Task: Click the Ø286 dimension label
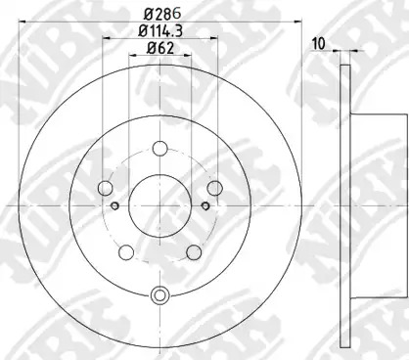pos(162,14)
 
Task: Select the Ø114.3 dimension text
pos(160,30)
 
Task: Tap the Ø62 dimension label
pos(160,48)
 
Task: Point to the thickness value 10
pos(319,44)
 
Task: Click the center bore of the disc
pos(159,204)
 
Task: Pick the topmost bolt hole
pos(159,149)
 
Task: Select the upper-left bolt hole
pos(106,188)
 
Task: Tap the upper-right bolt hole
pos(215,188)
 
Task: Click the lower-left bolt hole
pos(126,252)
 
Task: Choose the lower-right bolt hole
pos(194,252)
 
